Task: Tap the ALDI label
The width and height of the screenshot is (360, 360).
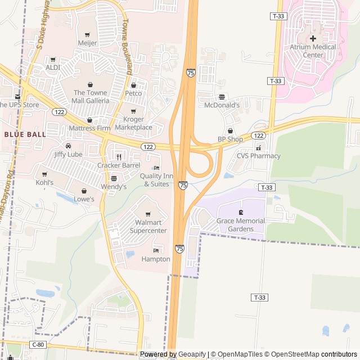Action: [52, 67]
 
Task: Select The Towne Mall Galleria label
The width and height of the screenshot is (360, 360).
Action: [91, 97]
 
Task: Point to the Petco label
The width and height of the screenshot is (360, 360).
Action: [133, 93]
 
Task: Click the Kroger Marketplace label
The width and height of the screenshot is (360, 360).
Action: [133, 123]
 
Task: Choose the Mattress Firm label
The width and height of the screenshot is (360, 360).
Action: [89, 128]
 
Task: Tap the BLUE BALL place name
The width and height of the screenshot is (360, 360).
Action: [25, 134]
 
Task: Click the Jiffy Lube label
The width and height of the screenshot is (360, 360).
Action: [68, 154]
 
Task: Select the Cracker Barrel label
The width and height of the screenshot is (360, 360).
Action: [118, 165]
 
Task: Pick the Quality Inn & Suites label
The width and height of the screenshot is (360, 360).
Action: [156, 180]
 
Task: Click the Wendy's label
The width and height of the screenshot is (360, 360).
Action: [114, 186]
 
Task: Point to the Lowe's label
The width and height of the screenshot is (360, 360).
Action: [84, 199]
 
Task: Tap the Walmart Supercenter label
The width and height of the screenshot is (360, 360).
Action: [148, 226]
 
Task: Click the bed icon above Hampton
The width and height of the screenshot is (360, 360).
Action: [156, 250]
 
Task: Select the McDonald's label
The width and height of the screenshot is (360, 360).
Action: [222, 105]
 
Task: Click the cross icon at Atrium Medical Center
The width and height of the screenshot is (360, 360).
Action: [313, 38]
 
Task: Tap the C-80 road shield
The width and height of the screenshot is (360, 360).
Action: [38, 344]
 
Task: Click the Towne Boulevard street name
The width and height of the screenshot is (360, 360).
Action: [127, 48]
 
